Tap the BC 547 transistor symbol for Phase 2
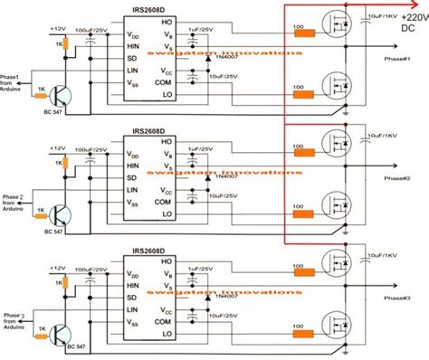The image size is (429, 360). pyautogui.click(x=59, y=215)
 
